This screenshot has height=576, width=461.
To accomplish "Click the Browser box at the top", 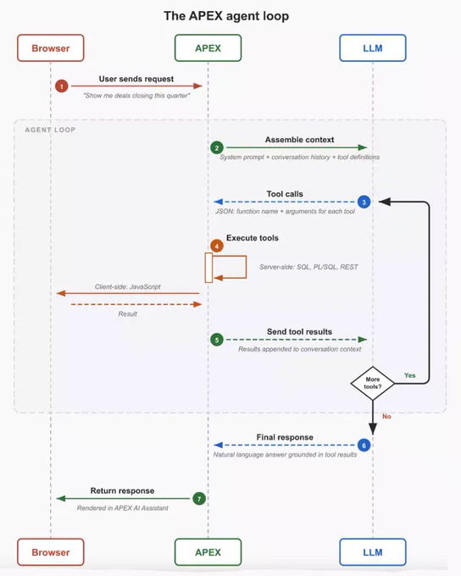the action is click(x=51, y=48).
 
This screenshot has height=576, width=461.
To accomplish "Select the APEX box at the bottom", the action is click(x=208, y=552).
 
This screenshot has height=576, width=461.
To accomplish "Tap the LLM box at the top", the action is click(x=373, y=48).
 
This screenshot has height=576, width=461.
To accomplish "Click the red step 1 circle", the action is click(x=62, y=86).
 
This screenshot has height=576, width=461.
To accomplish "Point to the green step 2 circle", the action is click(x=217, y=147).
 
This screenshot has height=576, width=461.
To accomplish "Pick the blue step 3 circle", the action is click(x=364, y=202).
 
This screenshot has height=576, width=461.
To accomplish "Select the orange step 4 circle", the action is click(x=217, y=246).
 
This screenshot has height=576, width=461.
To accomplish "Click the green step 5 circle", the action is click(x=217, y=340).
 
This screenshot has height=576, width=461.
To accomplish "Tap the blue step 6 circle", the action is click(x=364, y=446).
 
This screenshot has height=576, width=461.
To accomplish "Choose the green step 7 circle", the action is click(x=199, y=499).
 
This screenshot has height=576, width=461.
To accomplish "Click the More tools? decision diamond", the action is click(x=373, y=383).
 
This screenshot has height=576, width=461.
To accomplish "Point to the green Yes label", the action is click(x=410, y=375).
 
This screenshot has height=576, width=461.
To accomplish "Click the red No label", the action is click(x=386, y=417).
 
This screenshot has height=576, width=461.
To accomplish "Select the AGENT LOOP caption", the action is click(x=50, y=130).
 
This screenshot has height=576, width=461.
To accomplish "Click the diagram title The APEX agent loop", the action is click(x=226, y=16).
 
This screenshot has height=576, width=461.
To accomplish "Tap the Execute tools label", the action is click(x=253, y=238).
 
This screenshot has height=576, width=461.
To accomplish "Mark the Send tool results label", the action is click(x=300, y=332).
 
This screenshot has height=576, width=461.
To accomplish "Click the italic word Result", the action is click(x=128, y=314).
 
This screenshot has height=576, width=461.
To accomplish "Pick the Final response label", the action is click(x=285, y=438).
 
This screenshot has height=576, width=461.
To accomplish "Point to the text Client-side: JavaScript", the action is click(x=128, y=287).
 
